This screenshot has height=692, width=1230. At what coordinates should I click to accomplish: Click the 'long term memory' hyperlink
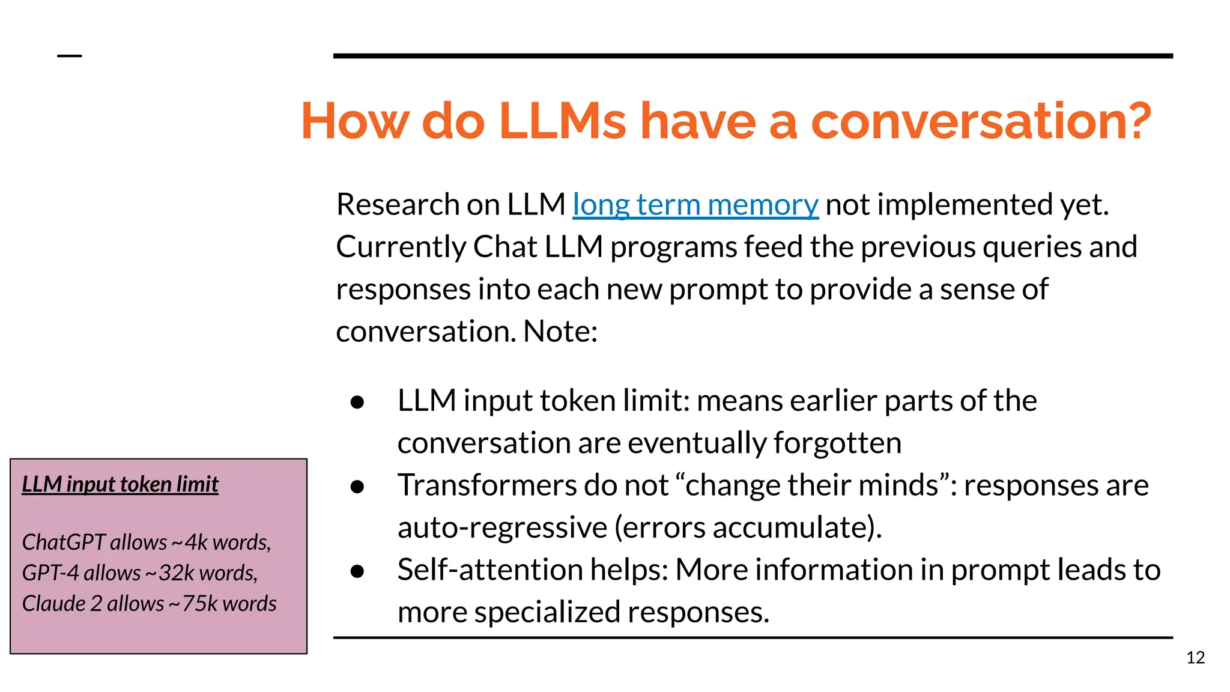click(x=695, y=205)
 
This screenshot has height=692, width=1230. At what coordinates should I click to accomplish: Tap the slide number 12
click(x=1195, y=658)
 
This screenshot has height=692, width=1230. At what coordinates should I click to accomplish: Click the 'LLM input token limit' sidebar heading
click(x=120, y=484)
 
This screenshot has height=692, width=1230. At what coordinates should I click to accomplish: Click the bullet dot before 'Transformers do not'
click(x=357, y=487)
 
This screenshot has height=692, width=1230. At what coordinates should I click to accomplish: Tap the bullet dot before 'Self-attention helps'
click(x=357, y=571)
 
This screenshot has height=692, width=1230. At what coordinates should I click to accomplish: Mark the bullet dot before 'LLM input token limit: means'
click(x=357, y=402)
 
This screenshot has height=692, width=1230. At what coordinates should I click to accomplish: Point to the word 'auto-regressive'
click(x=502, y=528)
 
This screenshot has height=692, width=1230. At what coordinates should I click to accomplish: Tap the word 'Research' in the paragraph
click(x=397, y=205)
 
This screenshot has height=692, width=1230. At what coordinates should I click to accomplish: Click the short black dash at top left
click(x=69, y=56)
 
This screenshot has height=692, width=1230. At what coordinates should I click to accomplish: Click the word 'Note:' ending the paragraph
click(x=560, y=332)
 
